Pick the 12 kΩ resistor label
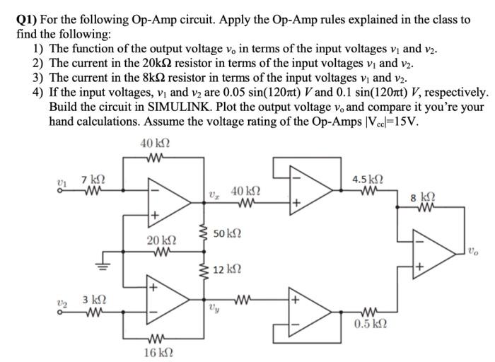tap(227, 269)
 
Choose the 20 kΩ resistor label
tap(161, 240)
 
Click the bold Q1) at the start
tap(29, 21)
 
